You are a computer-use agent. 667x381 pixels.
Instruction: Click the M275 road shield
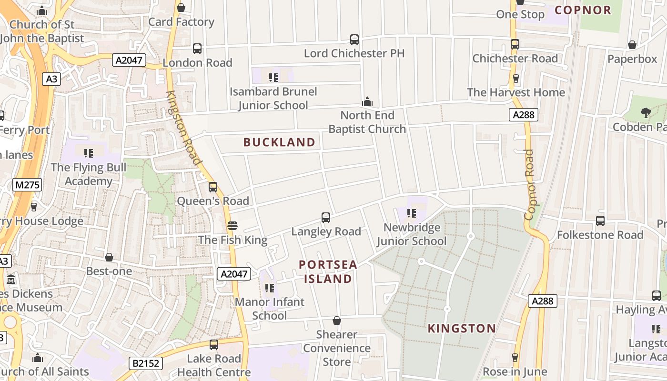coord(27,185)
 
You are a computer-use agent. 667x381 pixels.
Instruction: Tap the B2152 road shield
coord(146,363)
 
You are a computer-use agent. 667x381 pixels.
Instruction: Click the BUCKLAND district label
coord(279,142)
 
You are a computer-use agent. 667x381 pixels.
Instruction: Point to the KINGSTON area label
coord(462,328)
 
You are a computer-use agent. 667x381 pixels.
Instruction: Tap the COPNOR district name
coord(583,10)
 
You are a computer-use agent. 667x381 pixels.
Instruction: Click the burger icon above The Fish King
coord(232,226)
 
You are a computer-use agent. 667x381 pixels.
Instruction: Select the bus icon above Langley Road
coord(326,218)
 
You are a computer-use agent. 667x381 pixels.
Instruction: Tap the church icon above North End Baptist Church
coord(367,101)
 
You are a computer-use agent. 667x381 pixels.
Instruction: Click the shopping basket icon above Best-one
coord(109,258)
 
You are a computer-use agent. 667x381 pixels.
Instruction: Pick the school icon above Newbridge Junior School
coord(412,213)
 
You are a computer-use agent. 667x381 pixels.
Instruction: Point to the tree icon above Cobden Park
coord(646,113)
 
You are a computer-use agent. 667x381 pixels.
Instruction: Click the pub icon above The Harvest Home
coord(515,79)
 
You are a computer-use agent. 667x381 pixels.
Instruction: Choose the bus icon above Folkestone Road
coord(600,221)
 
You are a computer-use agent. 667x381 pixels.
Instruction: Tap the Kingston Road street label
coord(182,128)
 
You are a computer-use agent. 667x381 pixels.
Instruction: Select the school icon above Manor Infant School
coord(270,288)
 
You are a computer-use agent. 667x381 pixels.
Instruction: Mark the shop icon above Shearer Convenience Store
coord(337,321)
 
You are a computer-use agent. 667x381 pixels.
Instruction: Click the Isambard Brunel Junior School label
coord(273,98)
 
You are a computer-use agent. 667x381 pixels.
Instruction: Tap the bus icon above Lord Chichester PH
coord(354,40)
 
